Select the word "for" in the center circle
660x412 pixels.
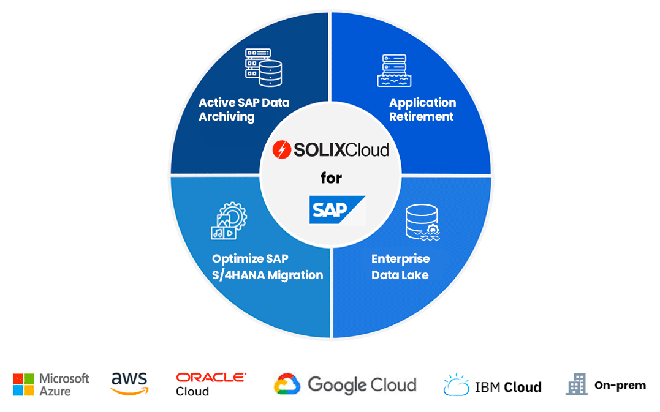pyautogui.click(x=331, y=178)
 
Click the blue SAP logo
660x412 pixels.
pyautogui.click(x=336, y=210)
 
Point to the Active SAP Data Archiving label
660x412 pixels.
pyautogui.click(x=243, y=110)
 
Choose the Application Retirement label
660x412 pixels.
pyautogui.click(x=422, y=110)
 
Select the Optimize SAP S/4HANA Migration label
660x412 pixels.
pyautogui.click(x=267, y=267)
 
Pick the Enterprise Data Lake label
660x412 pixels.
pyautogui.click(x=400, y=267)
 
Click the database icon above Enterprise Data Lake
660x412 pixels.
pyautogui.click(x=422, y=222)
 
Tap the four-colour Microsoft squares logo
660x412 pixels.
pyautogui.click(x=23, y=384)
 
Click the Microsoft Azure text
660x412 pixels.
pyautogui.click(x=64, y=384)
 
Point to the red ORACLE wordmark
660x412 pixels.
pyautogui.click(x=211, y=378)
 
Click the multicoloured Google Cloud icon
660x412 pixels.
pyautogui.click(x=287, y=384)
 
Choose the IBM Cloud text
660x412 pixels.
pyautogui.click(x=508, y=387)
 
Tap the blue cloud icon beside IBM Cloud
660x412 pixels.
pyautogui.click(x=457, y=385)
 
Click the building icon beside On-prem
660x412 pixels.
pyautogui.click(x=576, y=384)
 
